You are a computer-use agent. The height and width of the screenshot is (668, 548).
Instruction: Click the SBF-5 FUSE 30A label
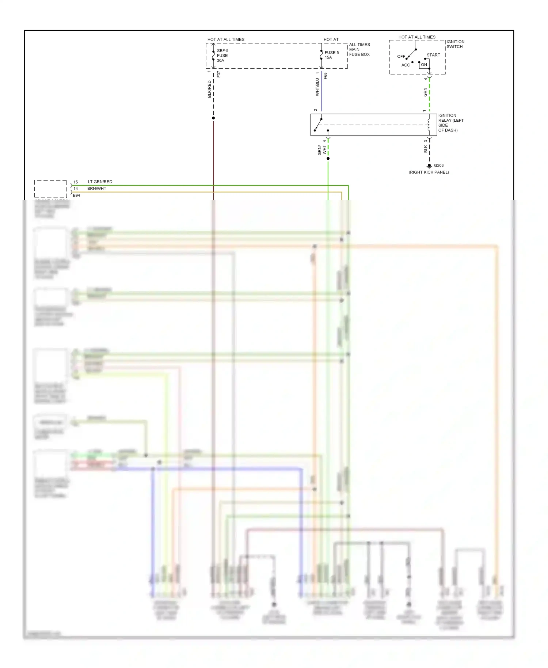coord(222,56)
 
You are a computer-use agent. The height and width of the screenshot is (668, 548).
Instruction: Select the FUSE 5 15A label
coord(331,55)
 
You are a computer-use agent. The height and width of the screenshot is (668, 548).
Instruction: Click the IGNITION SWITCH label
coord(455,44)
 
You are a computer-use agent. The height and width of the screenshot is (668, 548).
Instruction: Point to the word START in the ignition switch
coord(433,55)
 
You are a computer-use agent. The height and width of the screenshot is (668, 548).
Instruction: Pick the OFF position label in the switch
coord(401,57)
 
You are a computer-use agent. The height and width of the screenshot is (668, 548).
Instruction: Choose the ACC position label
coord(406,65)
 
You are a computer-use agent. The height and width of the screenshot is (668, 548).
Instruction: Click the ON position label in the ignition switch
coord(424,65)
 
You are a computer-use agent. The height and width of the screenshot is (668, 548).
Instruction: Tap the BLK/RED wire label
coord(209,89)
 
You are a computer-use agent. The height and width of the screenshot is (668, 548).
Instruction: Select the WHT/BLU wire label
coord(317,87)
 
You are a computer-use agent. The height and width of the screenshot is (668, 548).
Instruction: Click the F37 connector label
coord(218,74)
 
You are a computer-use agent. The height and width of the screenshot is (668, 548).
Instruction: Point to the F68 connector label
coord(325,76)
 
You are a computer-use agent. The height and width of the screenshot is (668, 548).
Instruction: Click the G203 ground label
coord(438,166)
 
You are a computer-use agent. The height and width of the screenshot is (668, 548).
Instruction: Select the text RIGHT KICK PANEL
coord(429,172)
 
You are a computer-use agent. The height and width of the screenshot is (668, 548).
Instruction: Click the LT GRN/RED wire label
coord(100,182)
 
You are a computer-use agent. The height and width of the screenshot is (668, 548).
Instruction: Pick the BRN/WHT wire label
coord(96,189)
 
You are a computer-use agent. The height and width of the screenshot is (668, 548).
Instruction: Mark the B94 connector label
coord(76,196)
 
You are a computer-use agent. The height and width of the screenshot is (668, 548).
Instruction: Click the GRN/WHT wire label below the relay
coord(321,150)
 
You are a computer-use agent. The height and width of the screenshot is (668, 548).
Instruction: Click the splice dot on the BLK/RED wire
coord(213,118)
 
